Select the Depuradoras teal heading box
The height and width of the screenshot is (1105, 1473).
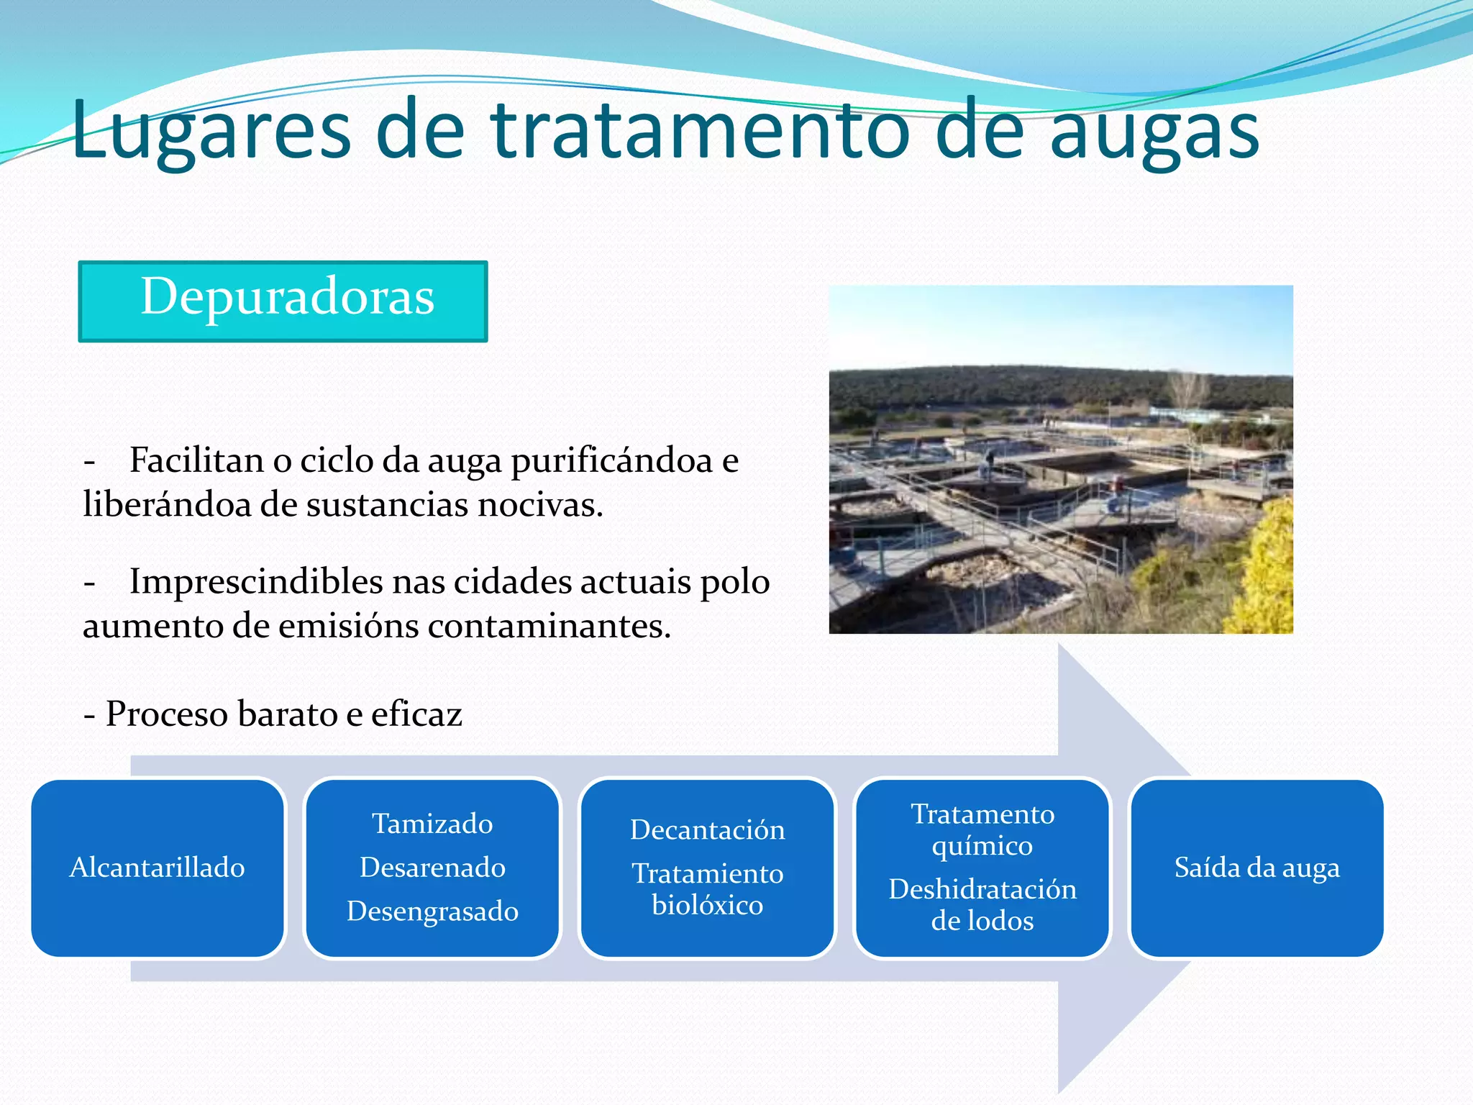point(283,301)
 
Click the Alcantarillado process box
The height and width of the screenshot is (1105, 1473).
point(158,868)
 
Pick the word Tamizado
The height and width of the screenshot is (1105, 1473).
point(432,824)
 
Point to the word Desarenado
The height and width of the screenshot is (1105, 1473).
point(432,868)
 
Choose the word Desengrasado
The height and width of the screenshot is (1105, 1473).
point(432,911)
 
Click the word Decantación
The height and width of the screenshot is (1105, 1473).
point(708,830)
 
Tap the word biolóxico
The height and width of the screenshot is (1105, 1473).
point(708,905)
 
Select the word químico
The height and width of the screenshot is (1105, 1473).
point(982,846)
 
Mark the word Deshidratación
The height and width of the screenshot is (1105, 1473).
point(982,890)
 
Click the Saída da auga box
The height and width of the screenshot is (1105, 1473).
point(1257,868)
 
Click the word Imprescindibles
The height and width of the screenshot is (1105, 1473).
point(255,581)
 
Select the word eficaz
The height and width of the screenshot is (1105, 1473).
point(416,714)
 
